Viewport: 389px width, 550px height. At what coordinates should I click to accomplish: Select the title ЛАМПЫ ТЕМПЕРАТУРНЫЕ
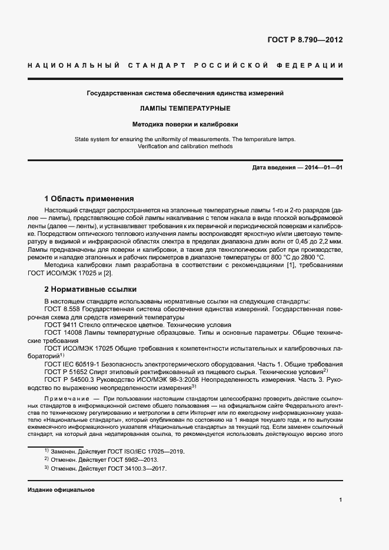(x=185, y=109)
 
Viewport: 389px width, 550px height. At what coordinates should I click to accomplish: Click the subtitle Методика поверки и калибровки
(x=185, y=125)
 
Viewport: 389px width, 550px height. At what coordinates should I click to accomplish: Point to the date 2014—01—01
(x=324, y=168)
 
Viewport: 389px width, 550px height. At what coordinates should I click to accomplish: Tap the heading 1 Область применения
(x=89, y=199)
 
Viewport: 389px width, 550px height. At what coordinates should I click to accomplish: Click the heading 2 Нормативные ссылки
(x=91, y=289)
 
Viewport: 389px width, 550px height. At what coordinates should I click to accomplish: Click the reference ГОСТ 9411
(x=59, y=325)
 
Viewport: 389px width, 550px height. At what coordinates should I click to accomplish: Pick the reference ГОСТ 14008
(x=61, y=332)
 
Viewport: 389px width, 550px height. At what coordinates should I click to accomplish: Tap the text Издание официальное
(x=61, y=490)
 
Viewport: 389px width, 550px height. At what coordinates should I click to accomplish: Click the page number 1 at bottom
(x=341, y=500)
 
